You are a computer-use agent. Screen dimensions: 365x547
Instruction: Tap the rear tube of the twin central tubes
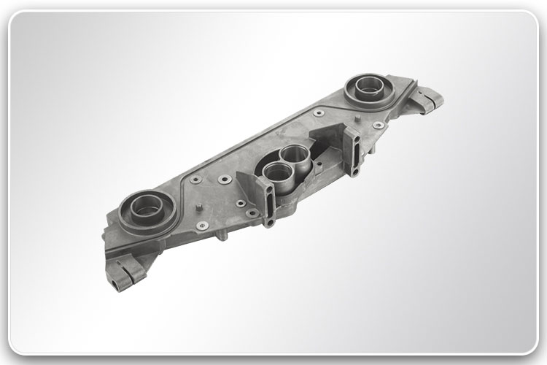point(294,154)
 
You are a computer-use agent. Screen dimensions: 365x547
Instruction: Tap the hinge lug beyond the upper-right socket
point(427,101)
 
